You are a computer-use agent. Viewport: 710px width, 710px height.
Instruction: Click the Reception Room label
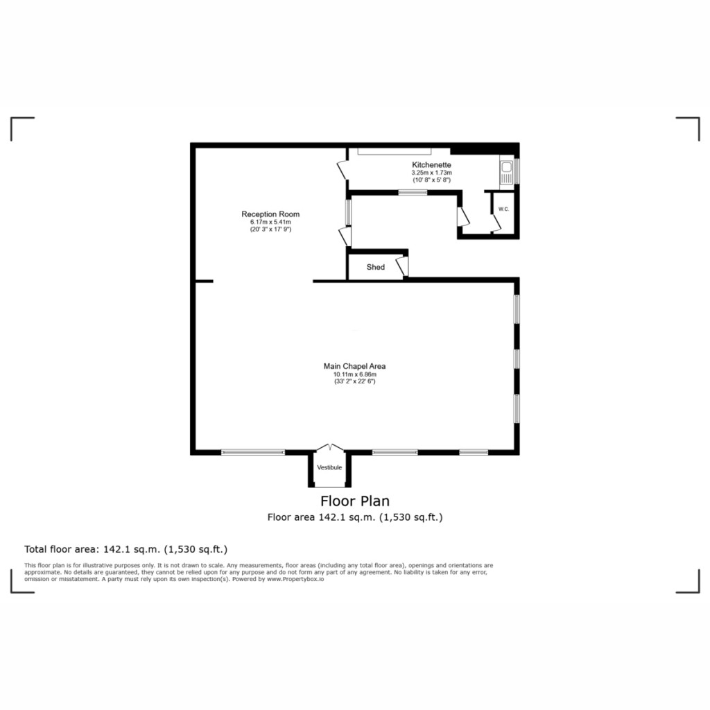[270, 214]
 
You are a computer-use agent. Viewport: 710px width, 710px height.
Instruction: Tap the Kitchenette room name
[431, 165]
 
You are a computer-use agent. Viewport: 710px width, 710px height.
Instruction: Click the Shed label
[375, 267]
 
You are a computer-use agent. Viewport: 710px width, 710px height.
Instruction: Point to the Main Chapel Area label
[354, 366]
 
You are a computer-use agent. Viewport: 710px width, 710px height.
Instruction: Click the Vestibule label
[329, 468]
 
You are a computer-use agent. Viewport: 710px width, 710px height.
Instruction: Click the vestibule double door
[329, 448]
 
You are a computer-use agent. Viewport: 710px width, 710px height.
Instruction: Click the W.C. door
[495, 222]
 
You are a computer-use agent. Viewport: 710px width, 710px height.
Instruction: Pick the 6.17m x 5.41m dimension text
[270, 222]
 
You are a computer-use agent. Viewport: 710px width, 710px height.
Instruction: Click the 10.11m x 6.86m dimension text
[354, 374]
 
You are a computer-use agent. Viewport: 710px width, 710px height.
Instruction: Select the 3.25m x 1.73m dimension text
[431, 173]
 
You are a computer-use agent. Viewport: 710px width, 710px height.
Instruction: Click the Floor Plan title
[354, 501]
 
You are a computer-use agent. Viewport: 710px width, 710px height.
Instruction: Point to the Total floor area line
[125, 549]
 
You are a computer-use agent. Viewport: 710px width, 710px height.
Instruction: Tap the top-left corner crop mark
[21, 128]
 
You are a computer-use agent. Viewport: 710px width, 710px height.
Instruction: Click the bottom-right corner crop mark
[689, 582]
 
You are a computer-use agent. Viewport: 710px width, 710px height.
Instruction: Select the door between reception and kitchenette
[343, 170]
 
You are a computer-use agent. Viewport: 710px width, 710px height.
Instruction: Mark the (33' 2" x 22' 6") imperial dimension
[354, 381]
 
